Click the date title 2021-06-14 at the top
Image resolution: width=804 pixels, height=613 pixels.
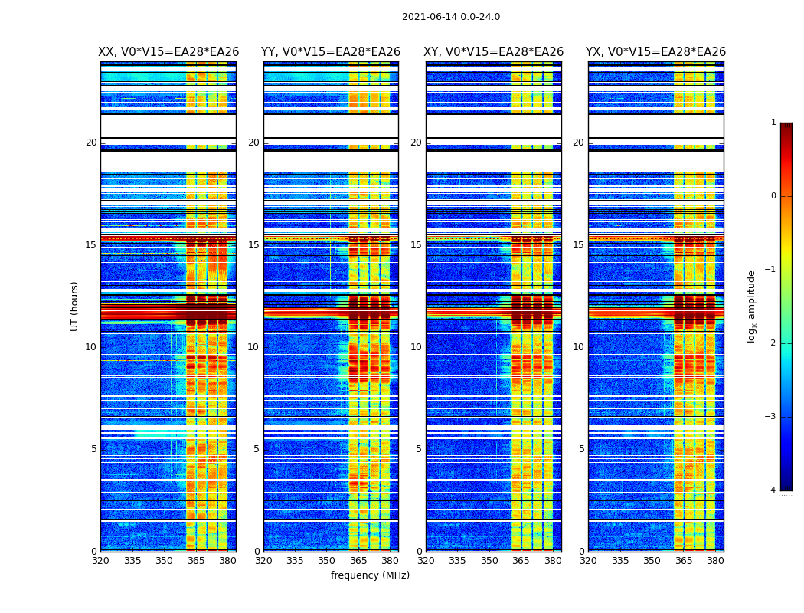tap(450, 17)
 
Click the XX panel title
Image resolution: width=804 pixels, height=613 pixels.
tap(168, 52)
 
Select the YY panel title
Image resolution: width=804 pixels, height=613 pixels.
tap(331, 52)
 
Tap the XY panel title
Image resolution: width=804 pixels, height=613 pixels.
tap(494, 52)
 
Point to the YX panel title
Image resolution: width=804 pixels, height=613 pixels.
tap(655, 52)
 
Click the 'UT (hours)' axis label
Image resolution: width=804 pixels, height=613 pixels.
tap(75, 306)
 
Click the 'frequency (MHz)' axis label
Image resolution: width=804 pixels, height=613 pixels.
tap(370, 575)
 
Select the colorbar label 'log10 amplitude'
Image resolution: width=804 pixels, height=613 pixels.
tap(752, 306)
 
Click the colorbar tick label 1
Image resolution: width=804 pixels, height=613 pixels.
tap(773, 123)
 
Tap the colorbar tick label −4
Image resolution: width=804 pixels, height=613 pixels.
tap(771, 490)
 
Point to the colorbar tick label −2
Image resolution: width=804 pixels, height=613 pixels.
tap(771, 343)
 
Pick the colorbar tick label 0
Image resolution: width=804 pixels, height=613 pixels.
tap(773, 196)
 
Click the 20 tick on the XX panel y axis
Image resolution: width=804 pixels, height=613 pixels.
tap(91, 143)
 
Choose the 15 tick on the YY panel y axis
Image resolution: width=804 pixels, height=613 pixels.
tap(253, 245)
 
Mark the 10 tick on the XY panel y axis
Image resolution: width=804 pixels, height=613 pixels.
tap(416, 347)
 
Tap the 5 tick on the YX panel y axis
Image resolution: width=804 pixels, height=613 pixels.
tap(581, 449)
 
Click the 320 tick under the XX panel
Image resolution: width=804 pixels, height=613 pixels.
tap(100, 561)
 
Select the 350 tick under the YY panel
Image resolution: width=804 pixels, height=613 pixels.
tap(327, 561)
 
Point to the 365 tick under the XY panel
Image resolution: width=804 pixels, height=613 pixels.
tap(521, 561)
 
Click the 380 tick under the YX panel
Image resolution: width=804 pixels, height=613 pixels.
tap(715, 561)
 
